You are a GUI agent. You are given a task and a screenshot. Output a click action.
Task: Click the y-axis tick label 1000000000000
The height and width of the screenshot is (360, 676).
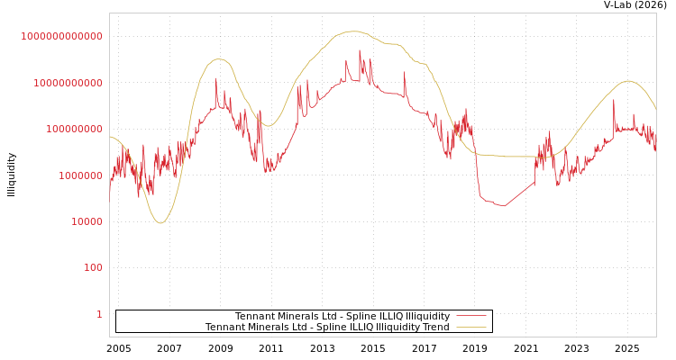[x=62, y=36]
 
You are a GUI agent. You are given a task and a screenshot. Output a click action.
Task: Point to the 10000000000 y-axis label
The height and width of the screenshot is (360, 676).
[x=68, y=83]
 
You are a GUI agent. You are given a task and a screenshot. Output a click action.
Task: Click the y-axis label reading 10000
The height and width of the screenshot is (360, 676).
[x=87, y=221]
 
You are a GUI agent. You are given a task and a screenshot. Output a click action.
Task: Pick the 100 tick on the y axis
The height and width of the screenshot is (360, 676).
[x=93, y=267]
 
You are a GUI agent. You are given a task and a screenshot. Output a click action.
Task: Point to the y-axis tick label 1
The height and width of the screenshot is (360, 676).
[x=99, y=314]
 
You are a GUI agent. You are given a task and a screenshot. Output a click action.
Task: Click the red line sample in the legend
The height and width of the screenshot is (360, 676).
[x=471, y=316]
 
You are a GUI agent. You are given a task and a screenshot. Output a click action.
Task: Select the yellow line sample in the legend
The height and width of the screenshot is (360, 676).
[x=471, y=327]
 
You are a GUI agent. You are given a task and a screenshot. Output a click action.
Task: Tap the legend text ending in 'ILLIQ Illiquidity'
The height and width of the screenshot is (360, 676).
[x=343, y=316]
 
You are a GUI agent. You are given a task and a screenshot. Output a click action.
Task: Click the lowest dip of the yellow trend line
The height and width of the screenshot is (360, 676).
[x=160, y=222]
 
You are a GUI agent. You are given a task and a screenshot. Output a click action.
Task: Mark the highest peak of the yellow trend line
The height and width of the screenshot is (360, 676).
[x=352, y=31]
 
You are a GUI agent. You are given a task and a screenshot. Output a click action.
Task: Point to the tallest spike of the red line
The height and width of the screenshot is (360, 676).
[x=360, y=51]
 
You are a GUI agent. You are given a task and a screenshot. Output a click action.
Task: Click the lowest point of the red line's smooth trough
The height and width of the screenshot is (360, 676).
[x=504, y=206]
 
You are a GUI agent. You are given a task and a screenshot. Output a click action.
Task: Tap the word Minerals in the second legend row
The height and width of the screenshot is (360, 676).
[x=273, y=327]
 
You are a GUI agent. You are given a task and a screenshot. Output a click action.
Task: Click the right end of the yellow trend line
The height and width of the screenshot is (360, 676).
[x=655, y=109]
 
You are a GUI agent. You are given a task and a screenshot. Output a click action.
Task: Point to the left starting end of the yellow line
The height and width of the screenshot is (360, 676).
[x=110, y=137]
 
